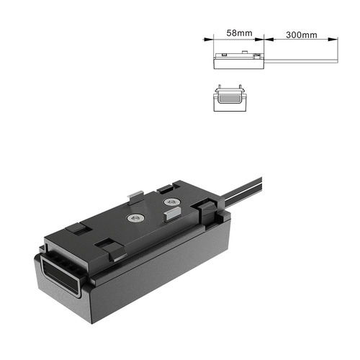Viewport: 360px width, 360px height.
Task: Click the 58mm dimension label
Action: (238, 33)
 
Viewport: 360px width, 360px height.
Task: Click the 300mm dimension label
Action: (301, 33)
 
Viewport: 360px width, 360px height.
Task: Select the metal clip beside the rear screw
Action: (172, 215)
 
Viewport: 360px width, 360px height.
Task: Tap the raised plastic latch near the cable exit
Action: (209, 211)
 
